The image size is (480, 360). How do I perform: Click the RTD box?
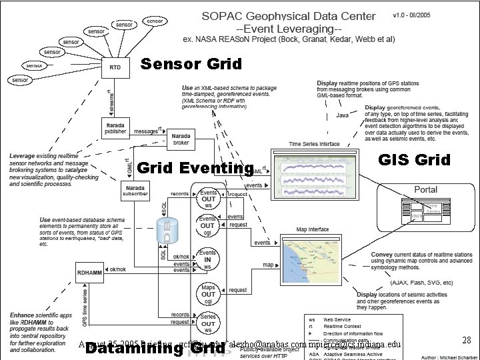[115, 67]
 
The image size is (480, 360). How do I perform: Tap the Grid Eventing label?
[195, 167]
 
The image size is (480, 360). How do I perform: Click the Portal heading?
[426, 190]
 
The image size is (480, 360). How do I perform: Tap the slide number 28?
[467, 341]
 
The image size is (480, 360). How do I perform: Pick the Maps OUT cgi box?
[207, 291]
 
